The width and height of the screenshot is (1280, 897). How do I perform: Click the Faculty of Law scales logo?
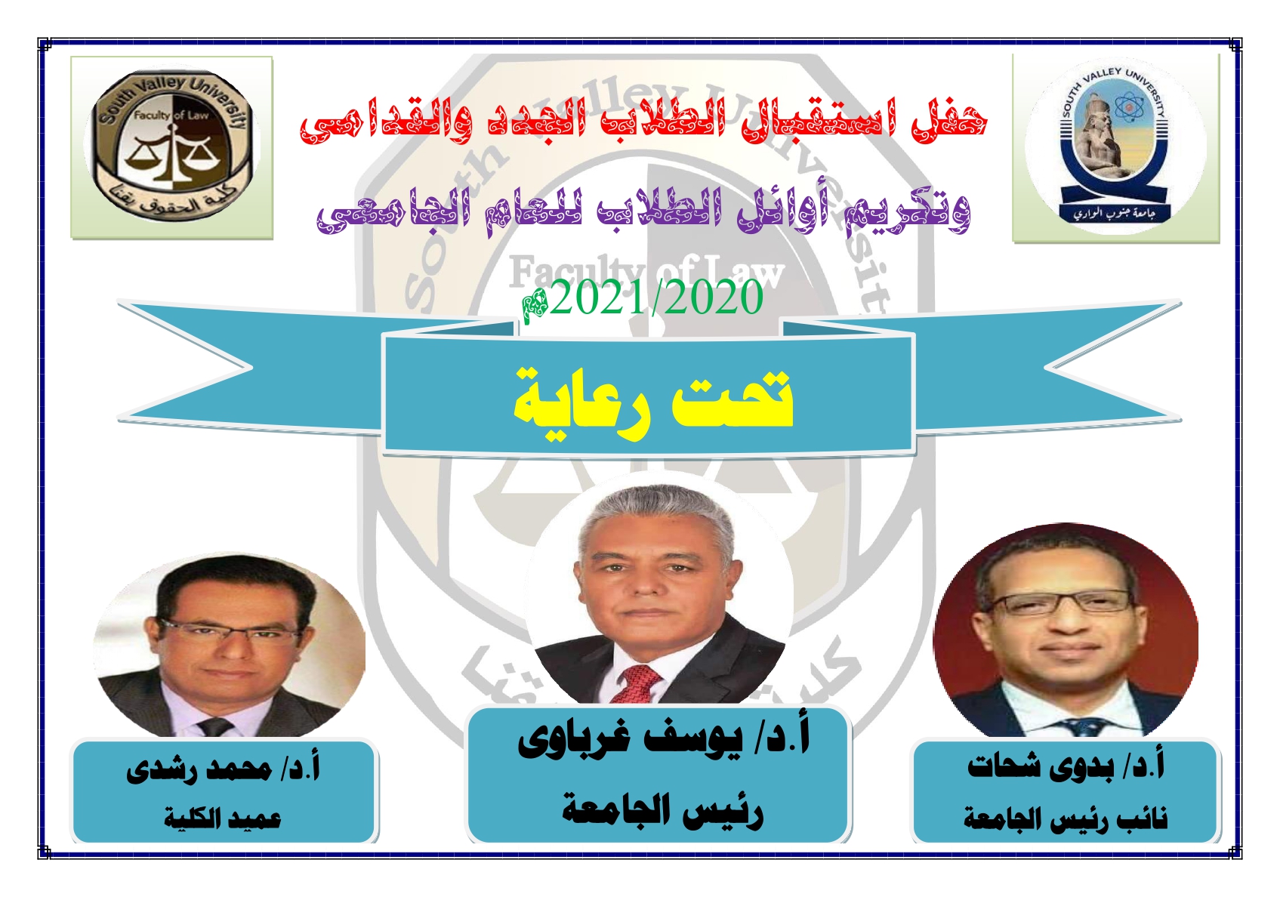pos(171,147)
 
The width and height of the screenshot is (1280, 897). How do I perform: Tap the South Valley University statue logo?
pos(1115,146)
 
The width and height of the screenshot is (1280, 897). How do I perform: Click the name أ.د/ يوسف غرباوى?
pos(664,738)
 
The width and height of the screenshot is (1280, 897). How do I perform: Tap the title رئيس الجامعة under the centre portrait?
pos(663,809)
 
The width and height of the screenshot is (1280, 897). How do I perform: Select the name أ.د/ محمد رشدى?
pos(224,769)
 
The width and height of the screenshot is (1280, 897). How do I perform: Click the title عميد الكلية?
pos(223,818)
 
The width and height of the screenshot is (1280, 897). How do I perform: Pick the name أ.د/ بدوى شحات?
pos(1066,765)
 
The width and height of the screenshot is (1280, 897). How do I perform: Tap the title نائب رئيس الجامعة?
pos(1065,818)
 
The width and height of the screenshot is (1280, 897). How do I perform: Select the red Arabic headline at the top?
pos(643,120)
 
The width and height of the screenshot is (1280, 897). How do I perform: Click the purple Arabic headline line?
pos(643,212)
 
